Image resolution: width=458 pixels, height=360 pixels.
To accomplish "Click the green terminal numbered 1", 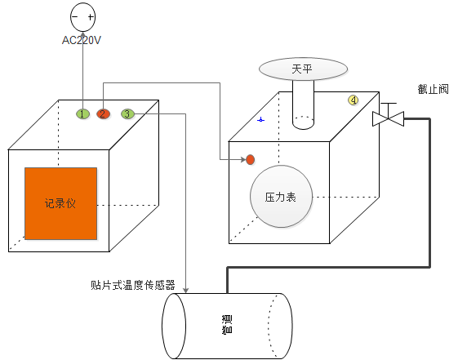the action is pos(82,113).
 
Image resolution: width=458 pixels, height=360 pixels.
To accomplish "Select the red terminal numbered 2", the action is pos(103,113).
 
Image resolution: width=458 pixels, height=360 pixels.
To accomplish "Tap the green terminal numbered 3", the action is pos(127,113).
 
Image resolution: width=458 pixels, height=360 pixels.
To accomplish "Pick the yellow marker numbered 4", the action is pos(354,100).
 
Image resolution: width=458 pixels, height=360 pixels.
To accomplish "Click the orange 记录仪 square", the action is pos(60,203).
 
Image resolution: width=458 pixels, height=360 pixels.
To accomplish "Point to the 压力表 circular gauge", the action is pos(282,196).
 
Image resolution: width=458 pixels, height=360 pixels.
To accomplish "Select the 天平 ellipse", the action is pos(303,69).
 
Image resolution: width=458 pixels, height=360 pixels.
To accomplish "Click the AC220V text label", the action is pos(82,40).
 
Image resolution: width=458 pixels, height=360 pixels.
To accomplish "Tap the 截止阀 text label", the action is pos(433,89).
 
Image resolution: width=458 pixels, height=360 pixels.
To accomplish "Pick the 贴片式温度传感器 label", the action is pos(133,285).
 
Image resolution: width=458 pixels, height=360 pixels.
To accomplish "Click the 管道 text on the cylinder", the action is pos(227,324).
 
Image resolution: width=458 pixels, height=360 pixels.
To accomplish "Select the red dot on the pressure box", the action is pos(251,160).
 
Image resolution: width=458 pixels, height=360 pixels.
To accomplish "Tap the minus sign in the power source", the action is pos(75,16).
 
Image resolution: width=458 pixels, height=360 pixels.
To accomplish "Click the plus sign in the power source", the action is pos(91,17).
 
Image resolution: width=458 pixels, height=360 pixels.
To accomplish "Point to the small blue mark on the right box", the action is pos(260,120).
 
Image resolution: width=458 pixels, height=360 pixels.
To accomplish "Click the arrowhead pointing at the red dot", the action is pos(243,160).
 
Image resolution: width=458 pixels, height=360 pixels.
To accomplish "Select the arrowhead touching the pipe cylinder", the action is pos(186,290).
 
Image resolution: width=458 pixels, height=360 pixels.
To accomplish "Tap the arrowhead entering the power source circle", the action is pos(83,34).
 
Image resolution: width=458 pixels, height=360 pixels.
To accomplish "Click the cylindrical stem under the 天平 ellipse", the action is pos(303,104).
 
